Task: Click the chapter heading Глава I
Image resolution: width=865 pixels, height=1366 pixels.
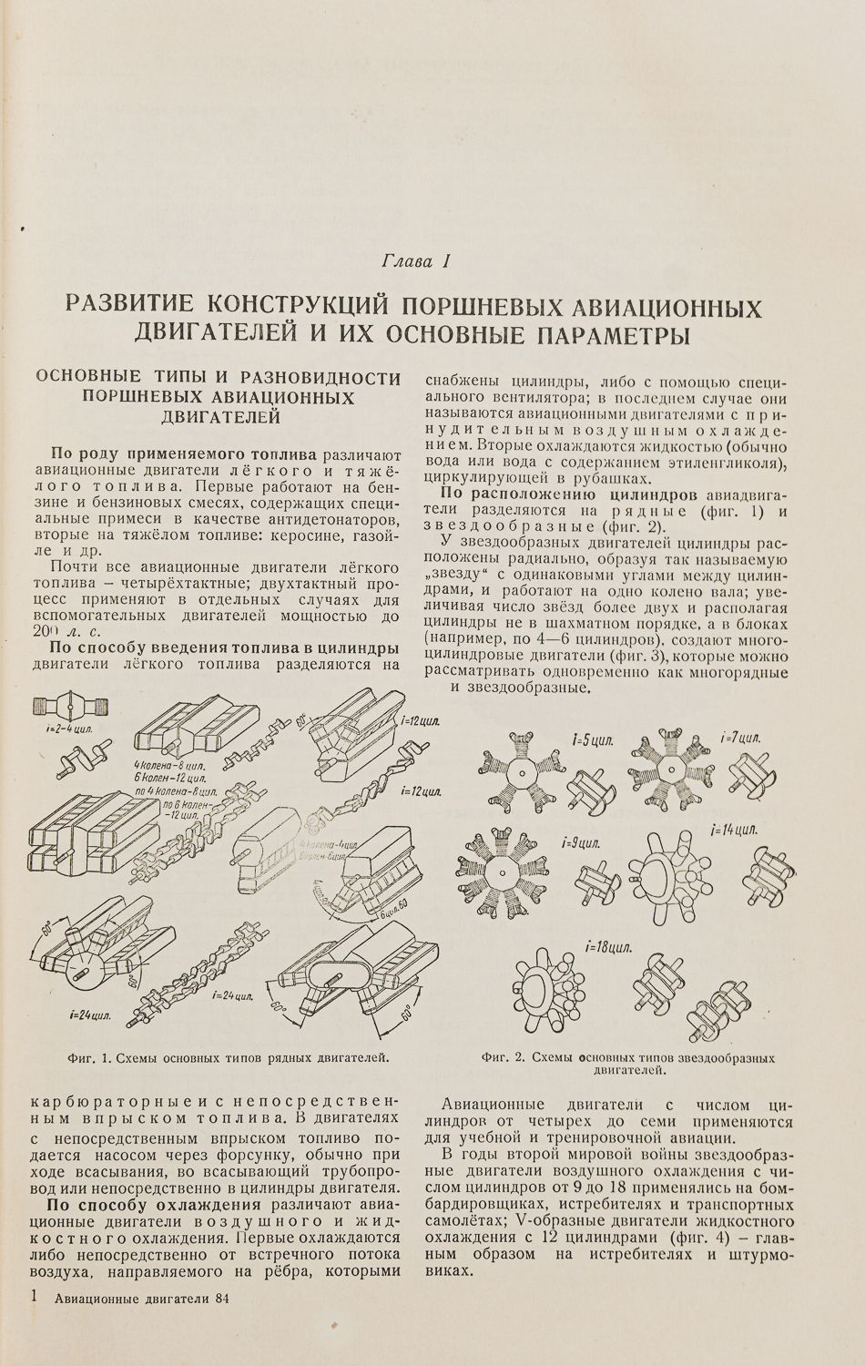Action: click(414, 262)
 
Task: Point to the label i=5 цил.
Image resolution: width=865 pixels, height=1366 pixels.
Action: click(593, 740)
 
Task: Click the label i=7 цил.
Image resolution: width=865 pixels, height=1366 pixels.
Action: click(739, 737)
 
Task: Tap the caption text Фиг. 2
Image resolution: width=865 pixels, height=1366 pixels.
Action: click(504, 1058)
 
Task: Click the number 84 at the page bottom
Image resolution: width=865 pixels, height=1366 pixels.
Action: click(215, 1300)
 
